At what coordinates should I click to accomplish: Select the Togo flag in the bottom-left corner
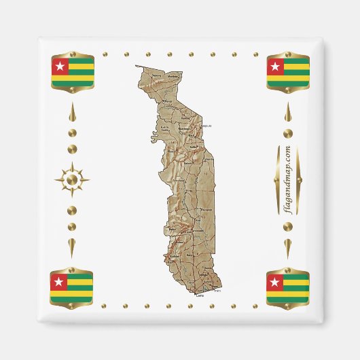[x=72, y=288]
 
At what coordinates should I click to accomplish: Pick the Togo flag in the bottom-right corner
[x=287, y=288]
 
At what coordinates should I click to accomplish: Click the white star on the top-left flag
[x=58, y=67]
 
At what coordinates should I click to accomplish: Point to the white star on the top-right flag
[x=275, y=67]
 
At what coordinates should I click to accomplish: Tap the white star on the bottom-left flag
[x=58, y=283]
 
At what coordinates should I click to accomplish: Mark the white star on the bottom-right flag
[x=275, y=283]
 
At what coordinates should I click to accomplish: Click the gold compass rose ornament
[x=72, y=180]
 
